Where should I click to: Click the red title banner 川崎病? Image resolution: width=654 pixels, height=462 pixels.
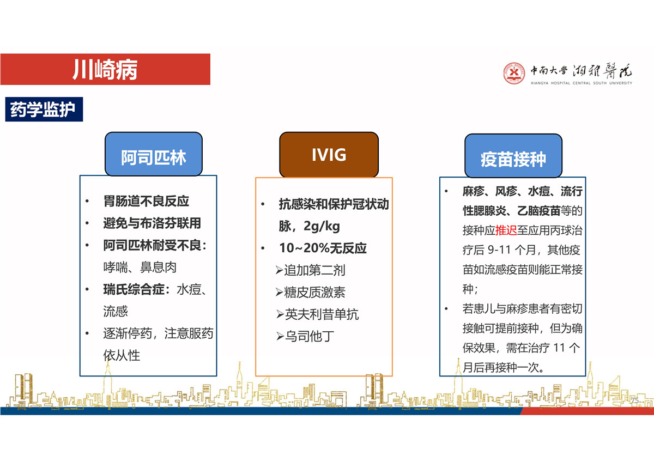tap(105, 69)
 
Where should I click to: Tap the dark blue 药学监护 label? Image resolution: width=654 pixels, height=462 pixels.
tap(44, 109)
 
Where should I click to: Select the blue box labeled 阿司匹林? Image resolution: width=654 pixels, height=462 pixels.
tap(154, 154)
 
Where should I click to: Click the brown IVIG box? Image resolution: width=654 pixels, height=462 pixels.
tap(329, 155)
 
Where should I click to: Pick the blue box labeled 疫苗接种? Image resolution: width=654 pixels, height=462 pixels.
tap(513, 156)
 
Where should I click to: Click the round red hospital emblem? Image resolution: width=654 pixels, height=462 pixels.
tap(514, 73)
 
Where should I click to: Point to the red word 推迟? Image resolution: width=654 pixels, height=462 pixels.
tap(506, 230)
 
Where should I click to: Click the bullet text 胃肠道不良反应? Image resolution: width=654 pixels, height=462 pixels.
tap(146, 201)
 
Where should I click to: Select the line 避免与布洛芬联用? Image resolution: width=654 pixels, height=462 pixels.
tap(152, 223)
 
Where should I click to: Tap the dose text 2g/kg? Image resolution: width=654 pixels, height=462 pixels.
tap(322, 226)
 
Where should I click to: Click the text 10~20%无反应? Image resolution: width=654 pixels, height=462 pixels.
tap(323, 248)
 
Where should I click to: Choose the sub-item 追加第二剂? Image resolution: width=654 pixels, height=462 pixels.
tap(314, 270)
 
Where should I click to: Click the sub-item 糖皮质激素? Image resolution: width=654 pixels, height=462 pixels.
tap(314, 292)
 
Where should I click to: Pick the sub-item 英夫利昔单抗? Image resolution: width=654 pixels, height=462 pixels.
tap(322, 314)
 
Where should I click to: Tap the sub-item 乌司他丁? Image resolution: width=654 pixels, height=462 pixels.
tap(309, 336)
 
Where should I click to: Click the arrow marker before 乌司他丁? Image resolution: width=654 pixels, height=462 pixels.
tap(280, 337)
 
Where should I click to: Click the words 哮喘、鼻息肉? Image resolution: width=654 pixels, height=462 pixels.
tap(140, 267)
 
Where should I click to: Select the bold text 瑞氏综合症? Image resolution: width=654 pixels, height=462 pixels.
tap(134, 289)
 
